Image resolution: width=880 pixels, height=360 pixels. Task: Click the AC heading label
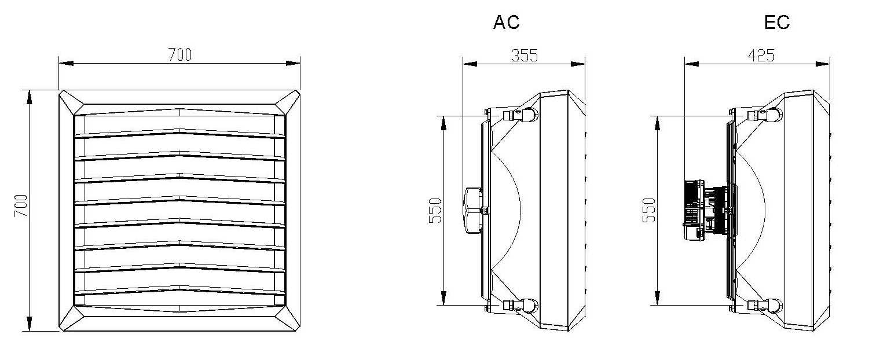[x=507, y=23]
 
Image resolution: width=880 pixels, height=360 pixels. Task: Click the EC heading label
[x=777, y=23]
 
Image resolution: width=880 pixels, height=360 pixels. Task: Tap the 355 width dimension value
[x=525, y=56]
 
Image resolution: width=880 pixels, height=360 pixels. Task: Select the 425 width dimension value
[x=761, y=56]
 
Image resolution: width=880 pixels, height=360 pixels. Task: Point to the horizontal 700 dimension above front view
[x=180, y=54]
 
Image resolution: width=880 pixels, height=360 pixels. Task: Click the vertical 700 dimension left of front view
[x=21, y=205]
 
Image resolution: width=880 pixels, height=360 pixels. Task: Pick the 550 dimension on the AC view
[x=435, y=211]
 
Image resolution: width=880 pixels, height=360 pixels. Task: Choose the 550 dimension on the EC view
[x=649, y=211]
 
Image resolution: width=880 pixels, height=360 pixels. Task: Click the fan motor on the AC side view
[x=474, y=211]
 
